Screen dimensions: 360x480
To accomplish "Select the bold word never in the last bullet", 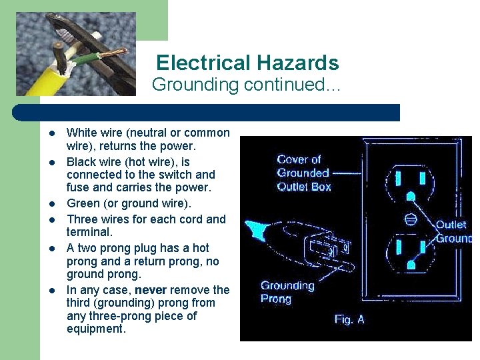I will (150, 290).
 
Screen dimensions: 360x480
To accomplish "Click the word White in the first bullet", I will (81, 133).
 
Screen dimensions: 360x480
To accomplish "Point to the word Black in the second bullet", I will (81, 162).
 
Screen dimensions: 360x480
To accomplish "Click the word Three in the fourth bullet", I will (82, 219).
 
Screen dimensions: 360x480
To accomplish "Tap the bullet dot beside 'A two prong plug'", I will (51, 249).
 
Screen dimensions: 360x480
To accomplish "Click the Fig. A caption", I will (349, 319).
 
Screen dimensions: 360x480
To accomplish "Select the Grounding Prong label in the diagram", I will (287, 292).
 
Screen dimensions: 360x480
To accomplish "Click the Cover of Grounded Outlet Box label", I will (303, 173).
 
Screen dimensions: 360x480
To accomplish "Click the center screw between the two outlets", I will (411, 218).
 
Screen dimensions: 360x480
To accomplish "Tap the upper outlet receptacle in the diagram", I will (409, 180).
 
